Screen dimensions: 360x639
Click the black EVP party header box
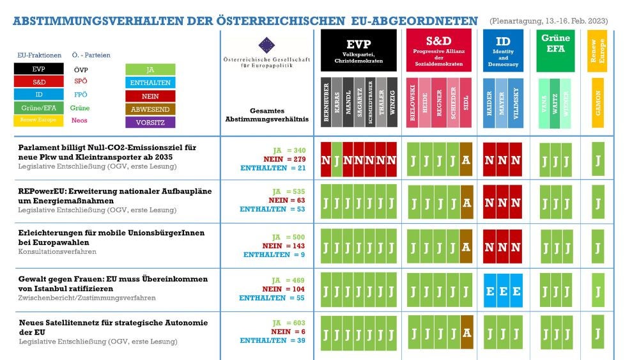point(358,51)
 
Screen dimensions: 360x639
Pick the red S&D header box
point(438,51)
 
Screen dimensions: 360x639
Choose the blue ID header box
point(503,51)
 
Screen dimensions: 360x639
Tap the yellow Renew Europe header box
point(598,51)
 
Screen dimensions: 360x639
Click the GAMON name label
point(598,102)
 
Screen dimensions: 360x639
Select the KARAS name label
point(337,102)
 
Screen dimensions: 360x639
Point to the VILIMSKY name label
point(515,102)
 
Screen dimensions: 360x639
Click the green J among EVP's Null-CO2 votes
point(336,159)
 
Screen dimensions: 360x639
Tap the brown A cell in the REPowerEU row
point(466,203)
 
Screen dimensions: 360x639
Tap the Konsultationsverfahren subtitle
point(57,252)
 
